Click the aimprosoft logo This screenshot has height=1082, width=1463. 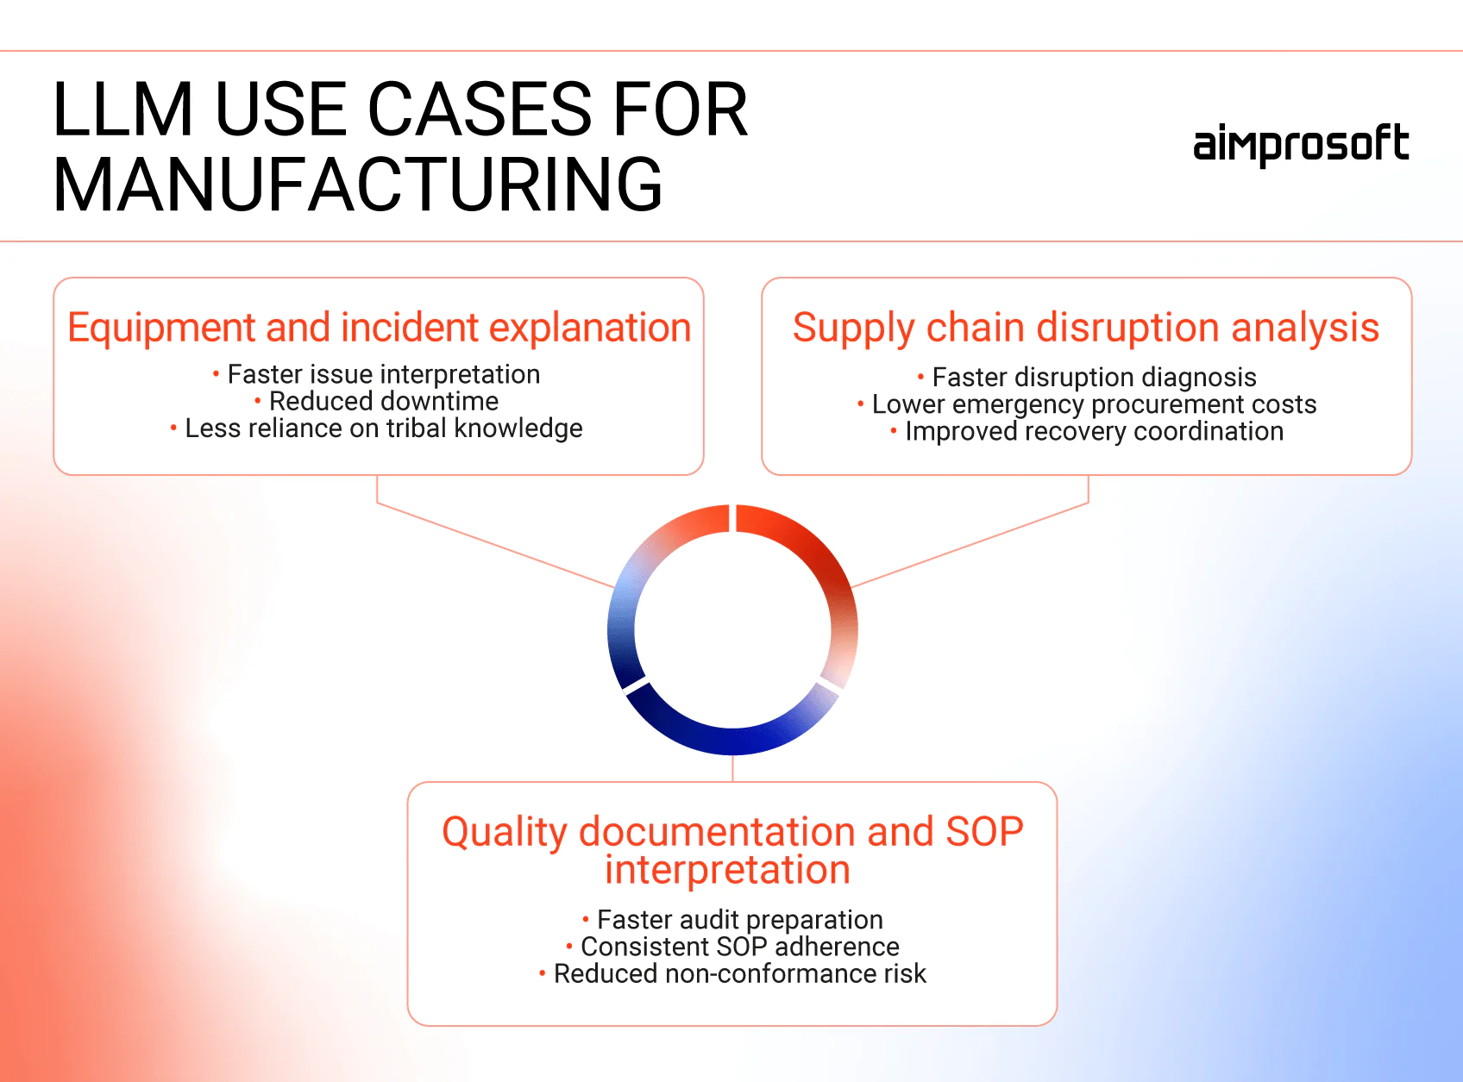coord(1300,145)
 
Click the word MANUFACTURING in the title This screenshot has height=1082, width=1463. coord(358,185)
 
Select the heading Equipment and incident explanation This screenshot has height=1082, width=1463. coord(380,328)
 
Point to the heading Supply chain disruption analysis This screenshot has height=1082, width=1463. coord(1086,328)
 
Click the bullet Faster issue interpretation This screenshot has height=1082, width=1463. coord(383,374)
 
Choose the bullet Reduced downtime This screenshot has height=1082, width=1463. coord(383,401)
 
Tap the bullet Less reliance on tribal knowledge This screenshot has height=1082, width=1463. coord(383,428)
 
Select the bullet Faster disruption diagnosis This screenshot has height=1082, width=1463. coord(1093,377)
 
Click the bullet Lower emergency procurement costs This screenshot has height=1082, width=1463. coord(1093,404)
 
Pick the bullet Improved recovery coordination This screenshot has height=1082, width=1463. coord(1093,431)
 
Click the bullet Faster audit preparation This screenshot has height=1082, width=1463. coord(739,919)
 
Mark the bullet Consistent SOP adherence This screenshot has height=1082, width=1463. coord(739,947)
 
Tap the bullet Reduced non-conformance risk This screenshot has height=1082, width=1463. coord(739,973)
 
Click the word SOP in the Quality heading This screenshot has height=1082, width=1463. coord(984,832)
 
